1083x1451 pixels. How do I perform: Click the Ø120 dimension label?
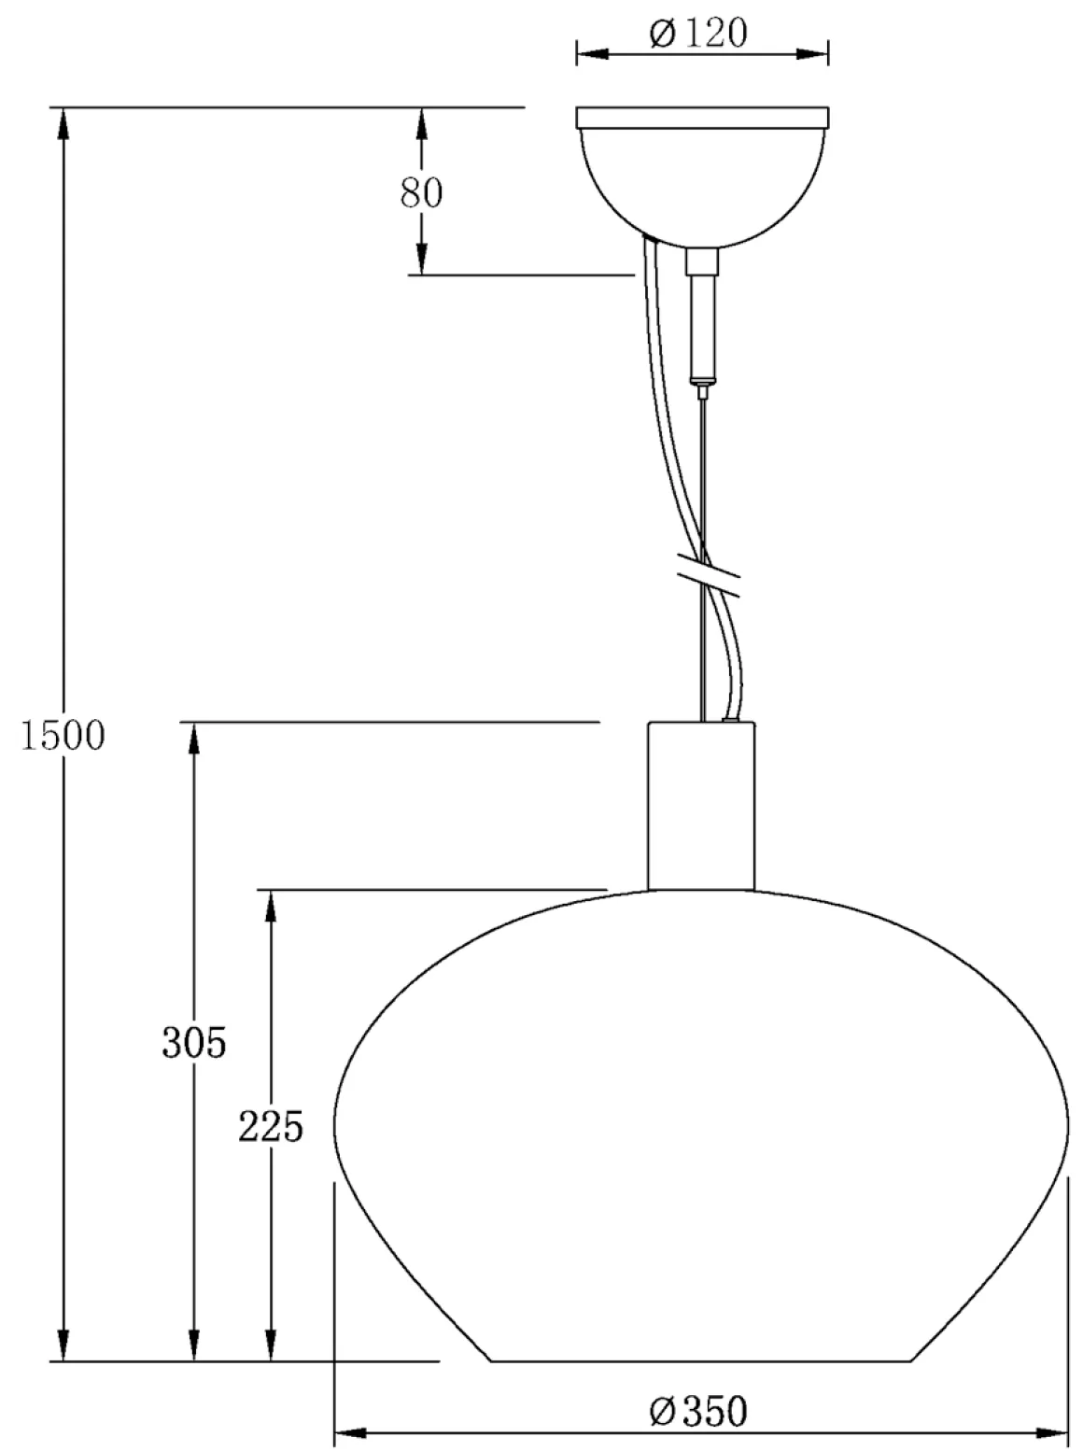click(x=699, y=34)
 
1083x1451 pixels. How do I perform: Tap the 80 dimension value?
click(x=422, y=193)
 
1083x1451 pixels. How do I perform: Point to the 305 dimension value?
click(x=194, y=1043)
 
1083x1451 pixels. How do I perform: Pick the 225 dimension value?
click(x=271, y=1127)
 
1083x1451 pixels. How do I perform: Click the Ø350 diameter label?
click(x=699, y=1410)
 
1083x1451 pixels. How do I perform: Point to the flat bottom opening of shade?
click(x=700, y=1360)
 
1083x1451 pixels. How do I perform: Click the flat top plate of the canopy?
click(x=701, y=117)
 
